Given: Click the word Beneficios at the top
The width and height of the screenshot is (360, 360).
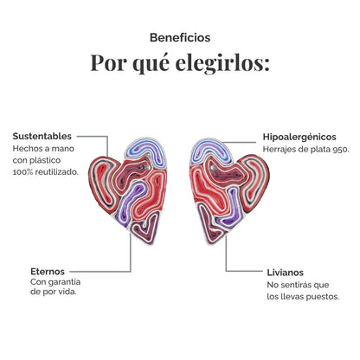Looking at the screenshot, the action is coord(180,38).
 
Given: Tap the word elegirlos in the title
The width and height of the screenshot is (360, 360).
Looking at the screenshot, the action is coord(222,63).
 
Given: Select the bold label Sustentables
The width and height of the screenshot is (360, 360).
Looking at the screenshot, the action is coord(42,136).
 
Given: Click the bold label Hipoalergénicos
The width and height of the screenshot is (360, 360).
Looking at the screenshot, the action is coord(299,137).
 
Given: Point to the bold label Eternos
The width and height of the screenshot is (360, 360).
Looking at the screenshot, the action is coord(48,272).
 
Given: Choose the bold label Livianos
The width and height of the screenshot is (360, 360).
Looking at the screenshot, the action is coord(285,273).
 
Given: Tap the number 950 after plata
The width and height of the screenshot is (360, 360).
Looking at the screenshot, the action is coord(340,150).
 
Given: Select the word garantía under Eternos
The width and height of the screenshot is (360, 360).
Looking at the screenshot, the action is coord(64,282).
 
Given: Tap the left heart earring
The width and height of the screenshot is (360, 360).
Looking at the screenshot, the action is coord(128,190).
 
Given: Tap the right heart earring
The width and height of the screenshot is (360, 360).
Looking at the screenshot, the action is coord(229,191).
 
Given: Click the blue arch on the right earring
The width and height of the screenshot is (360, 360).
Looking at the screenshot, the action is coord(211,149).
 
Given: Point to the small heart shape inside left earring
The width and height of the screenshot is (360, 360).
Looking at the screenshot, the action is coord(146,228).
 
